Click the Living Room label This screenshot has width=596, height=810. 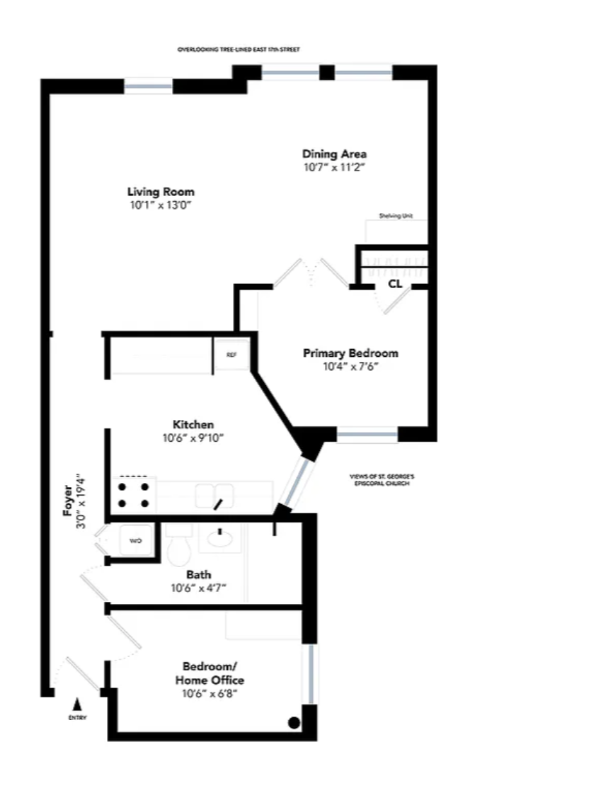point(161,192)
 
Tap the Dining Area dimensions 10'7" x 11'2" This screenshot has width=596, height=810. point(334,168)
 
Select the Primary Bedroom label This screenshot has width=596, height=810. point(350,353)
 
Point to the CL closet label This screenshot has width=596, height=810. point(394,284)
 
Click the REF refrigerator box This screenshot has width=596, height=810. point(231,355)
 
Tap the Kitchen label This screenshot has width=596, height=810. point(193,424)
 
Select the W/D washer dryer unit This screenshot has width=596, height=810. point(135,541)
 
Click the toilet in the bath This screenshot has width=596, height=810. point(179,547)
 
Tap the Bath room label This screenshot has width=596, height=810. point(198,575)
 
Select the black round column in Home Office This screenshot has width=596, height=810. point(294,723)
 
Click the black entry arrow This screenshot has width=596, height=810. point(77,705)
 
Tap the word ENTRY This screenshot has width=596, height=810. point(77,718)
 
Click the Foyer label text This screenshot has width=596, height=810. point(68,506)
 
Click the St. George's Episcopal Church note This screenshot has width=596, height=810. point(382,480)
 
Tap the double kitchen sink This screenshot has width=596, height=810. point(214,494)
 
